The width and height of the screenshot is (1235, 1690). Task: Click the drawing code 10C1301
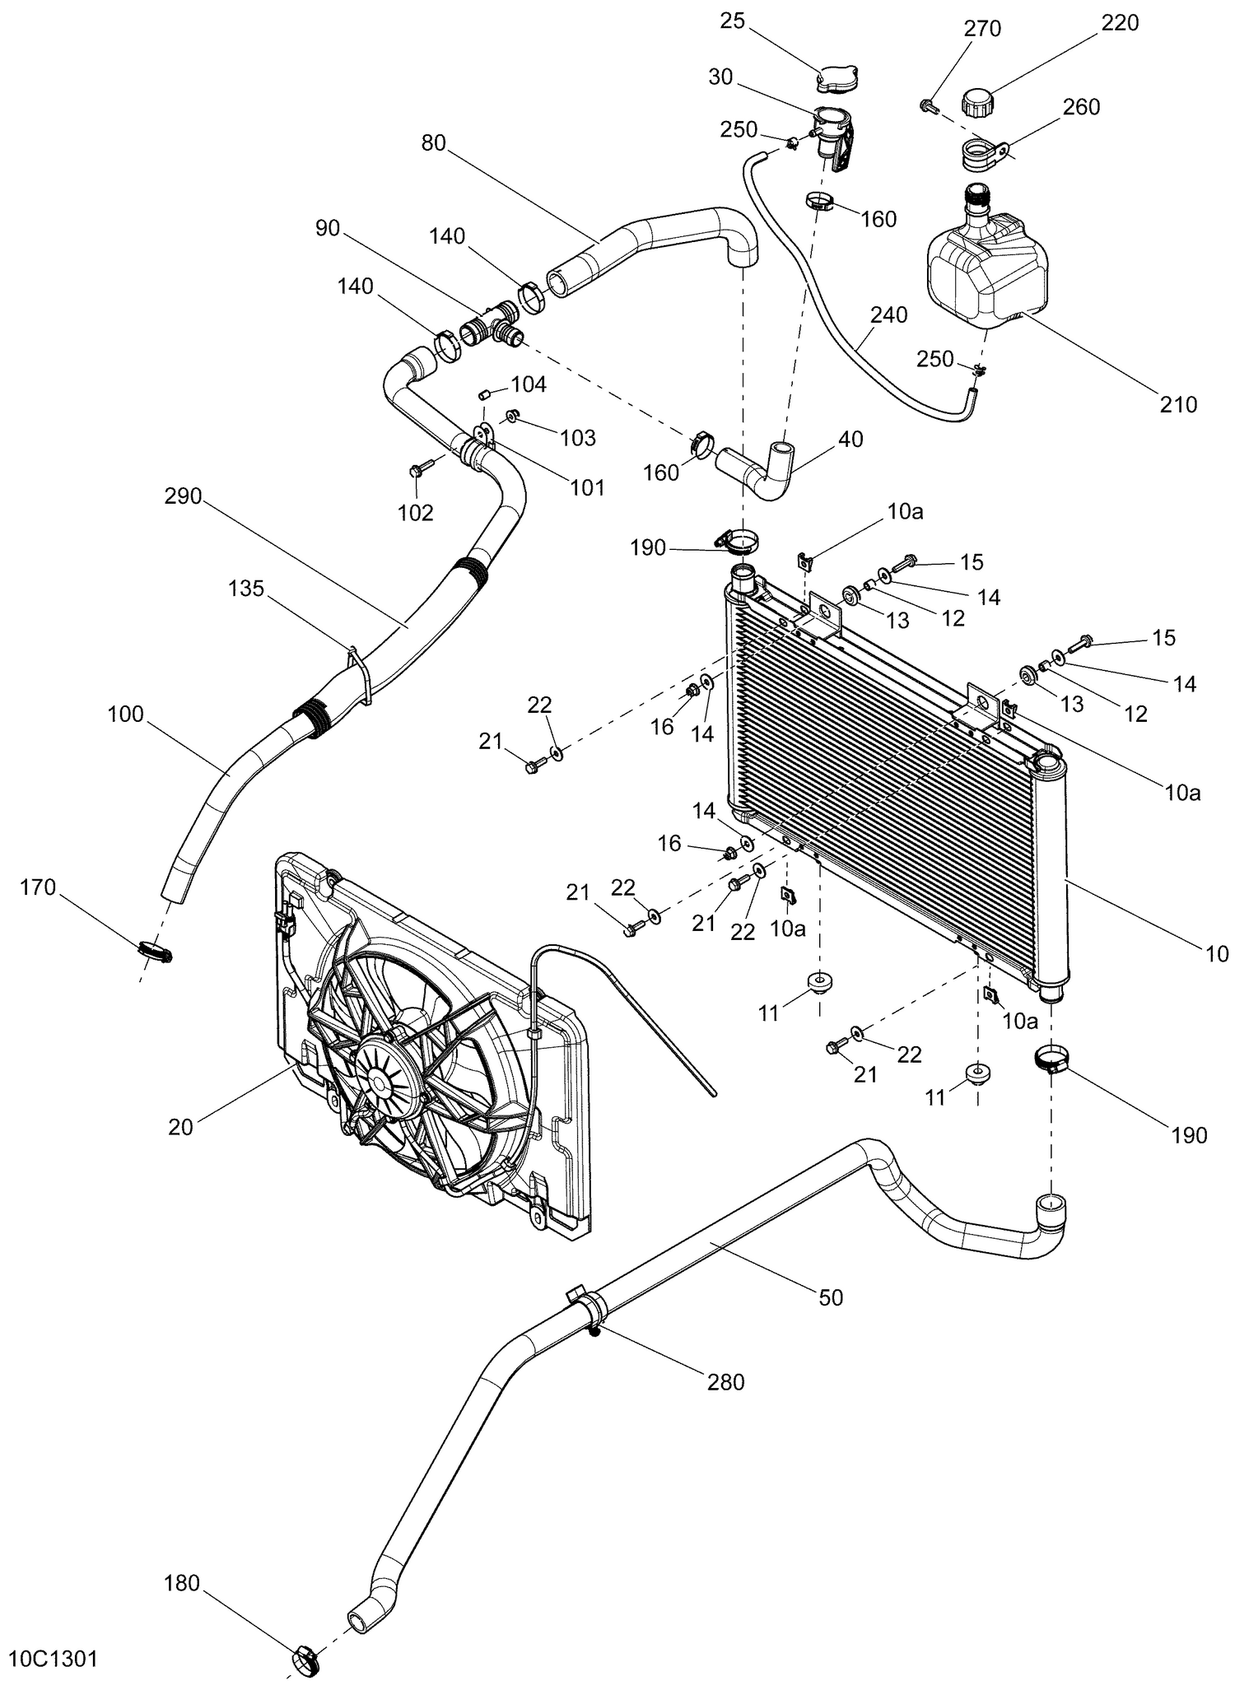(x=54, y=1657)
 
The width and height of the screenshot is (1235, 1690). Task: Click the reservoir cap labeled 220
(x=977, y=104)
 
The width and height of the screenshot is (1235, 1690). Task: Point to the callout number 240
(x=889, y=315)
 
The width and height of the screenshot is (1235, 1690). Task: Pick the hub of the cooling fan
(x=379, y=1076)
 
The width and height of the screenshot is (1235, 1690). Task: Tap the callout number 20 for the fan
(x=180, y=1126)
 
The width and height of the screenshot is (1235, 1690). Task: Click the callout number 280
(x=725, y=1381)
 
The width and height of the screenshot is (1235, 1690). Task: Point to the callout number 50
(x=832, y=1297)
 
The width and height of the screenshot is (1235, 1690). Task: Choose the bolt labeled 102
(x=417, y=471)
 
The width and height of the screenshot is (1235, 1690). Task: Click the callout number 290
(x=183, y=496)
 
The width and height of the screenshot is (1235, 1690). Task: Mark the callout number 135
(x=247, y=589)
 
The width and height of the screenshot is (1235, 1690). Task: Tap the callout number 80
(x=433, y=143)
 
